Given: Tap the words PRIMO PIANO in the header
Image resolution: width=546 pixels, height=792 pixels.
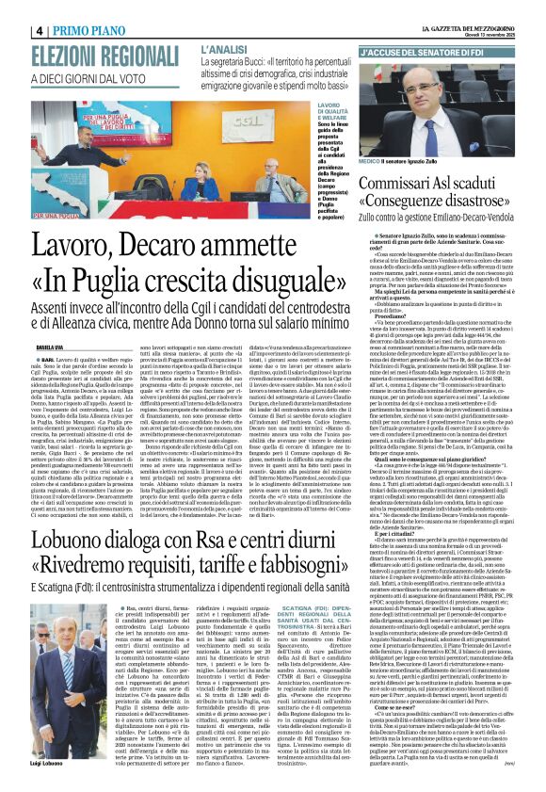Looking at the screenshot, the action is coord(93,30).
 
